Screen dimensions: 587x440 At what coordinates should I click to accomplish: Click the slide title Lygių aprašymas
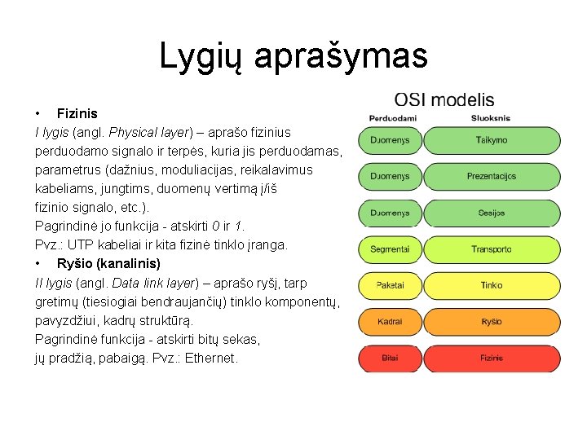pos(293,55)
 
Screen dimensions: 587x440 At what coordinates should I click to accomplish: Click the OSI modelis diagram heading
pos(444,100)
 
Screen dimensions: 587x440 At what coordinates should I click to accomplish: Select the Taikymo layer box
pos(491,140)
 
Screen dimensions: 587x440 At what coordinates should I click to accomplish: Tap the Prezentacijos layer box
pos(491,176)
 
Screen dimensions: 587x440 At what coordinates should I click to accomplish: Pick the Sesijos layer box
pos(491,213)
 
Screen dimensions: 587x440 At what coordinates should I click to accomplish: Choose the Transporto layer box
pos(491,249)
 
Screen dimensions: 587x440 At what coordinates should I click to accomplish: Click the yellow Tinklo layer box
pos(491,285)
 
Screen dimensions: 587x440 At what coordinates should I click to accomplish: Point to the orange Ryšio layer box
pos(491,322)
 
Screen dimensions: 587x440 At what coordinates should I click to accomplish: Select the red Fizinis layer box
pos(491,358)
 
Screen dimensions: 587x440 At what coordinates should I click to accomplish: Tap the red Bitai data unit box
pos(390,358)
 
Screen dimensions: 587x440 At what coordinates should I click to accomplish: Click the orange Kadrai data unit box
pos(390,322)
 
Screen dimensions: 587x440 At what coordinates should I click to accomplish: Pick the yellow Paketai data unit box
pos(390,285)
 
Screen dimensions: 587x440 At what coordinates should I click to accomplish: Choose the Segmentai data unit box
pos(390,249)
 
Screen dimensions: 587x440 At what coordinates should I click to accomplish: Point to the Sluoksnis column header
pos(490,119)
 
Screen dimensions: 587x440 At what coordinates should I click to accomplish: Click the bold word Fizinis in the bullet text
pos(77,113)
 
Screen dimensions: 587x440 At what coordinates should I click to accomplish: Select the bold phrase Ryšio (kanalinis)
pos(108,264)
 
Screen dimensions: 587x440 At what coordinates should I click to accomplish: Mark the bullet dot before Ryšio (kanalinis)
pos(38,264)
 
